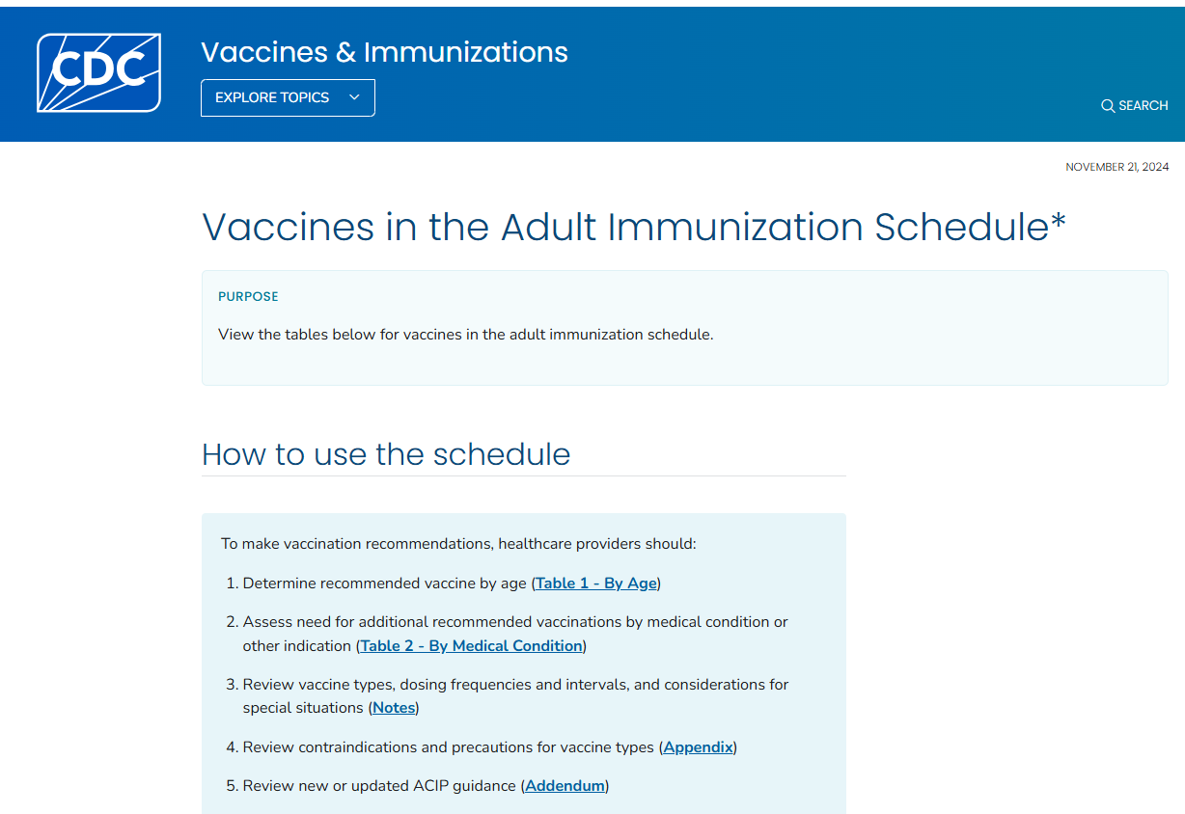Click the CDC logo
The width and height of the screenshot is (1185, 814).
coord(98,72)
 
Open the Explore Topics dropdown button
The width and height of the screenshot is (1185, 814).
coord(288,97)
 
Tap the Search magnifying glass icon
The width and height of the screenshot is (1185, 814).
coord(1108,106)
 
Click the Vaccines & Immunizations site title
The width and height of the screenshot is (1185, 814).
coord(384,51)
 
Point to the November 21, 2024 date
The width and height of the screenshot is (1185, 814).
coord(1116,167)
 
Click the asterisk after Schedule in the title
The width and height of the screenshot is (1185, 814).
coord(1059,222)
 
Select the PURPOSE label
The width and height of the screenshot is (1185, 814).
coord(248,296)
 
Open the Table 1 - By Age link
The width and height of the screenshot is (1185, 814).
coord(596,583)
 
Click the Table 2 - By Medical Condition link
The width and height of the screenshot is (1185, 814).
coord(472,646)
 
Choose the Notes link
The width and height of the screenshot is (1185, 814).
coord(394,708)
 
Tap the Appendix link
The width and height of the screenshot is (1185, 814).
coord(699,747)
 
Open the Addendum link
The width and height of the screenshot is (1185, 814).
coord(565,786)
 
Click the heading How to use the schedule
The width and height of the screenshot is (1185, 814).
coord(386,454)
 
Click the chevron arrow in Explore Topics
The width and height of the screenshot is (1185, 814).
coord(354,97)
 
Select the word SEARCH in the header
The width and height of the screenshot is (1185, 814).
coord(1144,106)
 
